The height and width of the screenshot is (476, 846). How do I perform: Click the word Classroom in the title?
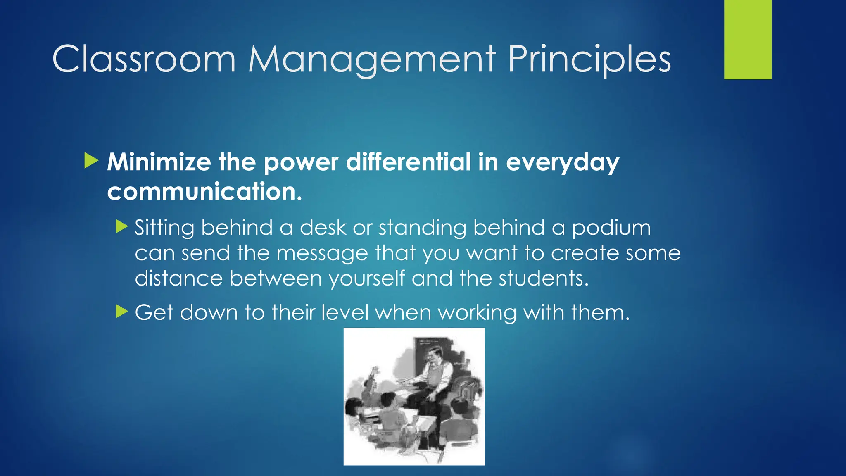coord(144,59)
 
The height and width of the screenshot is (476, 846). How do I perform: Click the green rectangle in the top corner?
coord(748,39)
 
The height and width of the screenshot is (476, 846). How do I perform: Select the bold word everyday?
coord(562,162)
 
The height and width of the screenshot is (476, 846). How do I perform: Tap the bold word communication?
coord(204,191)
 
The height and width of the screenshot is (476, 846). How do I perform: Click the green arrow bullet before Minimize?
coord(91,161)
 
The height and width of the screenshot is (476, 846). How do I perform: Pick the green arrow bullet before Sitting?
coord(122,226)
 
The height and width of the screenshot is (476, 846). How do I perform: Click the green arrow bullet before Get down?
coord(122,311)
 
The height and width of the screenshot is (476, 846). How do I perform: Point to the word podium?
coord(611,228)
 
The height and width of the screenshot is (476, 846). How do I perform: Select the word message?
coord(322,253)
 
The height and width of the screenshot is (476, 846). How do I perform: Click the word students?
coord(543,278)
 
